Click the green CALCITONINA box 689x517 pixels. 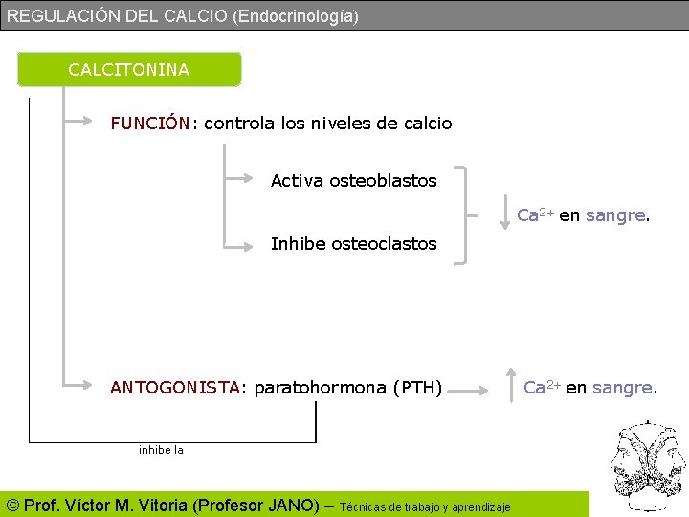[129, 69]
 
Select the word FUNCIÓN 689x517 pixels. [150, 124]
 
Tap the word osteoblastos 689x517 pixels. [383, 181]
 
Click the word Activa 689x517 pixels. [297, 181]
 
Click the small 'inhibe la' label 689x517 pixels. [161, 449]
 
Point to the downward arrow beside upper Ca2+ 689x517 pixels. [507, 214]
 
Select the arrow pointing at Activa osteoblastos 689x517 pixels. [244, 180]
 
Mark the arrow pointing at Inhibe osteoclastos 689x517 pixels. [244, 243]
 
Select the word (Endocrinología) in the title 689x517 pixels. [296, 16]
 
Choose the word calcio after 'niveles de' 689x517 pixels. [428, 124]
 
